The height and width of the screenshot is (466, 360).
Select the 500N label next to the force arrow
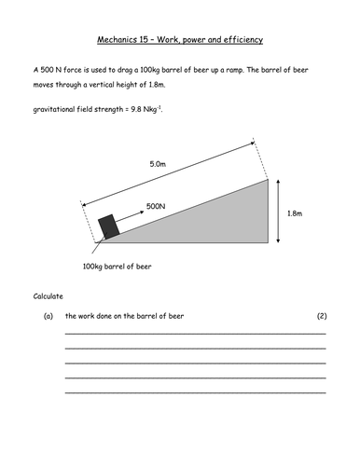pyautogui.click(x=156, y=205)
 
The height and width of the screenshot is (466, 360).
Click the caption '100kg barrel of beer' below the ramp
pyautogui.click(x=117, y=267)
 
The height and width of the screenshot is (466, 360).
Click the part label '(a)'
pyautogui.click(x=48, y=316)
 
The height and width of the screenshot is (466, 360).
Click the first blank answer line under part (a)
pyautogui.click(x=195, y=333)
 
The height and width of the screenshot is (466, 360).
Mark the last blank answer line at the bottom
pyautogui.click(x=195, y=393)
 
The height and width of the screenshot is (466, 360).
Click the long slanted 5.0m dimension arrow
pyautogui.click(x=168, y=174)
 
